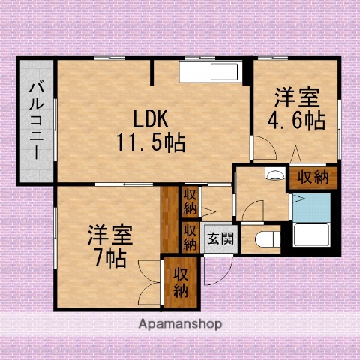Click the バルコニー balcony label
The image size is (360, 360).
35,122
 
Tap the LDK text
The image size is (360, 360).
151,118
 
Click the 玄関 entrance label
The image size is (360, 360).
220,240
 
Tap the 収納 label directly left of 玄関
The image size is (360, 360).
190,238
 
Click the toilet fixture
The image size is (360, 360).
265,239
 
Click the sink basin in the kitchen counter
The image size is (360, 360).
223,73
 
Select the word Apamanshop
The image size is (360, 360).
180,325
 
